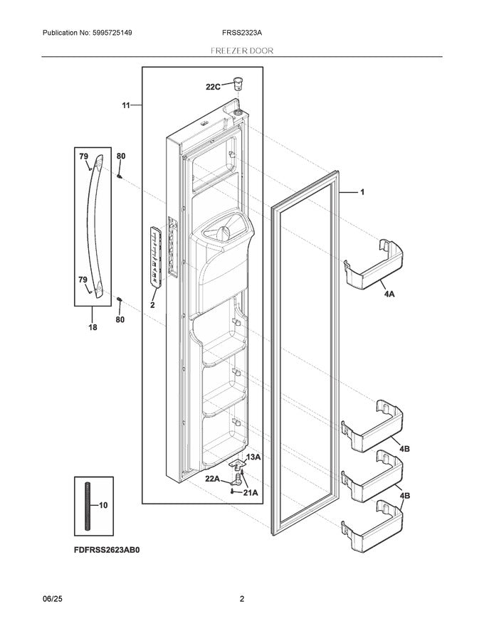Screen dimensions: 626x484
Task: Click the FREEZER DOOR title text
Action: [241, 51]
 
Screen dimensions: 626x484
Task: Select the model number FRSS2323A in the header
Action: [241, 33]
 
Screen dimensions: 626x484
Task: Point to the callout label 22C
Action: [213, 87]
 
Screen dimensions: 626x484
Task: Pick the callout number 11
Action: [126, 105]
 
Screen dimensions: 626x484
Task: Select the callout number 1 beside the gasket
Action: [362, 192]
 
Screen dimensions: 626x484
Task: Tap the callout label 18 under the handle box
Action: [93, 329]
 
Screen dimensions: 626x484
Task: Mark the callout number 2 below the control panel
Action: [152, 304]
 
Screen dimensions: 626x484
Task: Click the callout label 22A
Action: [213, 479]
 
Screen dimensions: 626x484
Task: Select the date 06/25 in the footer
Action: [55, 599]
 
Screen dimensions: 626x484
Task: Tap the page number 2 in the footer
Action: [241, 599]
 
